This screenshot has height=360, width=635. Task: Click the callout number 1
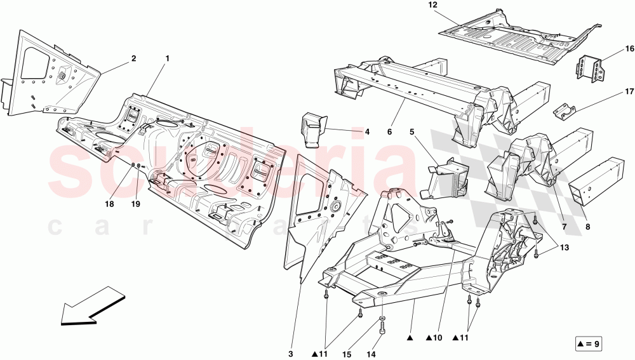(167, 58)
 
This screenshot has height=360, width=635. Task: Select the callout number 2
(133, 58)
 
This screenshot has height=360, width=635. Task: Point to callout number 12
(433, 5)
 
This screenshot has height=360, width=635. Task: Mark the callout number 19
(135, 204)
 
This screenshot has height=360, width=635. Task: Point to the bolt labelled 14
(383, 329)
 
